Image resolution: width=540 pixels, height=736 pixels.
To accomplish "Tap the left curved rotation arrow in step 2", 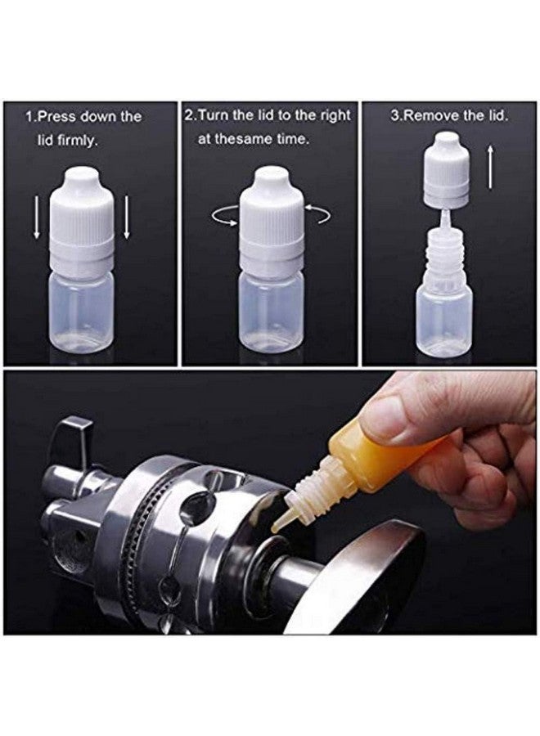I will [223, 215].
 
